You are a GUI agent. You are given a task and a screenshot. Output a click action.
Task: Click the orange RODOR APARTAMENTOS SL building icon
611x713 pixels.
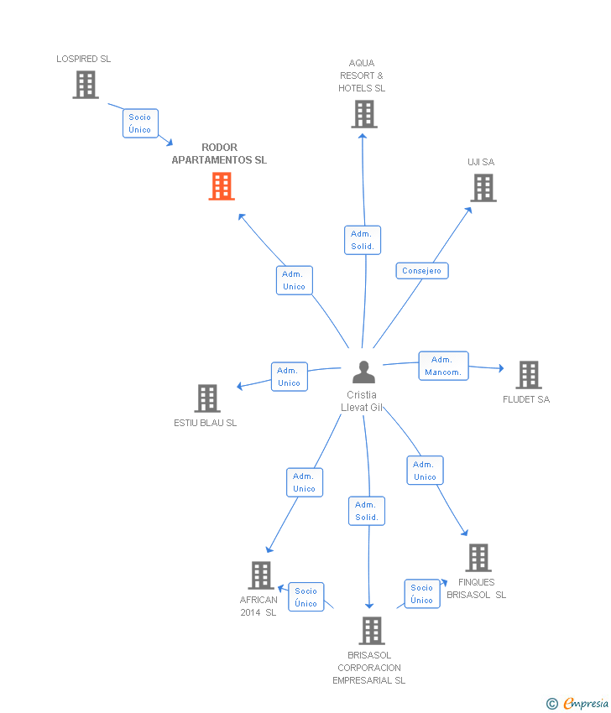click(222, 186)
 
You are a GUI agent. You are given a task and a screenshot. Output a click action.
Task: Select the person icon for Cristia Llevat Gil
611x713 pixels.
click(363, 372)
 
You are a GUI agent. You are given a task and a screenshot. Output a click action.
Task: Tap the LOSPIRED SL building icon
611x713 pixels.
click(86, 85)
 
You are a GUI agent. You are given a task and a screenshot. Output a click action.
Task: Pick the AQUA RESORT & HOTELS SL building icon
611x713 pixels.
click(364, 114)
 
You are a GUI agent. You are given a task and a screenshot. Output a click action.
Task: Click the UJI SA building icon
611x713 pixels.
click(483, 188)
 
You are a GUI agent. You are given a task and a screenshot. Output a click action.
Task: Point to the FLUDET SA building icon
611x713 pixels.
click(529, 375)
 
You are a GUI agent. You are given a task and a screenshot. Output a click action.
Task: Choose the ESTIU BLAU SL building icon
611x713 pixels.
click(207, 398)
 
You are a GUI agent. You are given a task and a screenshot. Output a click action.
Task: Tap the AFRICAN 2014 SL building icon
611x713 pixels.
click(261, 575)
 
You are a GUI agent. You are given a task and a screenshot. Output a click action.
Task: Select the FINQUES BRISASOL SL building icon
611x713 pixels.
click(478, 558)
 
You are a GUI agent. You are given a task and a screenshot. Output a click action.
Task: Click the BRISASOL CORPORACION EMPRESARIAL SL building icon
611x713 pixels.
click(372, 631)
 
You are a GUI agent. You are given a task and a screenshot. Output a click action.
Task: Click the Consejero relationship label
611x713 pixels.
click(422, 271)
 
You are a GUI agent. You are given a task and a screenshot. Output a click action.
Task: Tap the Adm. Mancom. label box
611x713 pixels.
click(444, 366)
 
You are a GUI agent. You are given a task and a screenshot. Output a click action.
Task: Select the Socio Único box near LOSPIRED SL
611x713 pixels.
click(140, 123)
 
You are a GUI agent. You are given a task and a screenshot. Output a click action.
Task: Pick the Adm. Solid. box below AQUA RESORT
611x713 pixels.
click(363, 240)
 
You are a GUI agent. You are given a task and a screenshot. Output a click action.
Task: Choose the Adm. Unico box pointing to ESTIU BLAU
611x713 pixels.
click(290, 377)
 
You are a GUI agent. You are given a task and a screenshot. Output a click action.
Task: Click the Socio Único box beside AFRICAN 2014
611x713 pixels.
click(306, 596)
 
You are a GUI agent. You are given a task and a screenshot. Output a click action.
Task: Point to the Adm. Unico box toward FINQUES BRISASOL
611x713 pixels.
click(425, 471)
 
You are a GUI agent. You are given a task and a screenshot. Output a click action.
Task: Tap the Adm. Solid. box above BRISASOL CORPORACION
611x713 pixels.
click(367, 511)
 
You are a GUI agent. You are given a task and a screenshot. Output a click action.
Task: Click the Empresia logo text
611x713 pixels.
click(586, 703)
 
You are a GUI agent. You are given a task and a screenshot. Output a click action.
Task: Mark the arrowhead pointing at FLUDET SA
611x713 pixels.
click(501, 368)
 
